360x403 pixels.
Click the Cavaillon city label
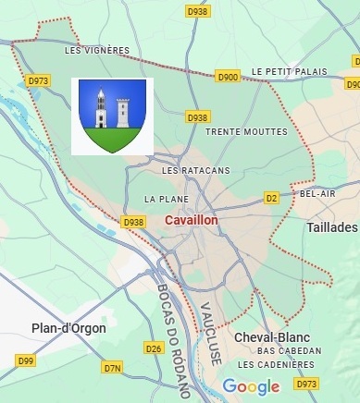(x=191, y=222)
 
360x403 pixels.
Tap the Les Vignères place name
(x=96, y=51)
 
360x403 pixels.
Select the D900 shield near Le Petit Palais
(x=229, y=76)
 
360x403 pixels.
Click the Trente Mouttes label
(x=236, y=132)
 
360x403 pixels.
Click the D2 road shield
(x=271, y=198)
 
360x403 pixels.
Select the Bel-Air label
(x=317, y=194)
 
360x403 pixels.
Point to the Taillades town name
(x=331, y=226)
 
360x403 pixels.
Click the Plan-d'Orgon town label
(x=68, y=328)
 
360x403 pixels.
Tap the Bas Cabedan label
(x=290, y=351)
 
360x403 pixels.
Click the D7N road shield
(x=113, y=368)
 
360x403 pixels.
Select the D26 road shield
(x=154, y=348)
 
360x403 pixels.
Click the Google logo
(x=251, y=385)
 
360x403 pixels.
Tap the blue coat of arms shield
(x=112, y=116)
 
